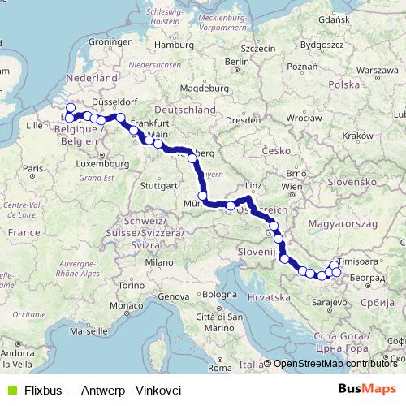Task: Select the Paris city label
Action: click(32, 168)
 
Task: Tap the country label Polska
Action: click(344, 84)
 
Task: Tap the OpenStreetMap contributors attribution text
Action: click(335, 364)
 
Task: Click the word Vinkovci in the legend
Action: click(157, 389)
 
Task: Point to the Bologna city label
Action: click(219, 294)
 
